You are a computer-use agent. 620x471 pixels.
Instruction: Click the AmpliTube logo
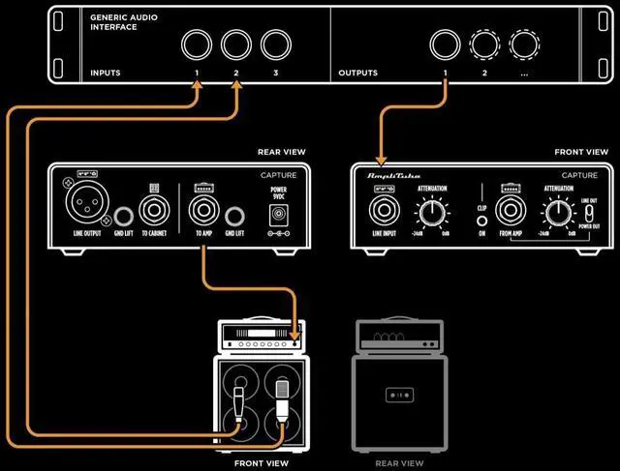pyautogui.click(x=389, y=177)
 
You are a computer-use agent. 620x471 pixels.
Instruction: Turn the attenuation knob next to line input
pyautogui.click(x=433, y=210)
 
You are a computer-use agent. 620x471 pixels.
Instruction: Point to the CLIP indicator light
pyautogui.click(x=480, y=221)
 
